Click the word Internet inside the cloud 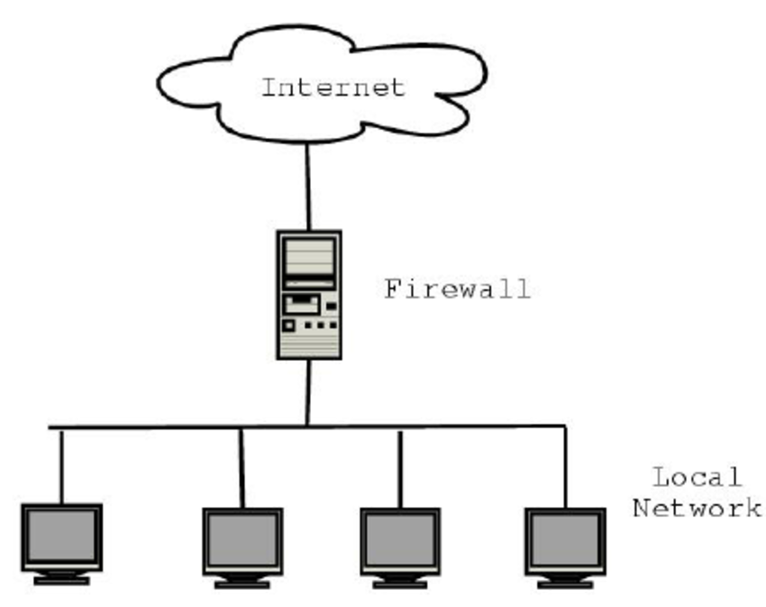pyautogui.click(x=333, y=88)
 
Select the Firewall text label pyautogui.click(x=457, y=290)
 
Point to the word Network pyautogui.click(x=697, y=508)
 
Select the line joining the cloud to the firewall pyautogui.click(x=308, y=186)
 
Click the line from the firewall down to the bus pyautogui.click(x=308, y=392)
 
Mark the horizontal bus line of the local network pyautogui.click(x=180, y=427)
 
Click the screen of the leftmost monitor pyautogui.click(x=61, y=536)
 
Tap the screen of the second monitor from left pyautogui.click(x=242, y=540)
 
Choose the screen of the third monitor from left pyautogui.click(x=400, y=540)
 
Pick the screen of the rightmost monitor pyautogui.click(x=565, y=540)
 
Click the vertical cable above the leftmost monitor pyautogui.click(x=61, y=464)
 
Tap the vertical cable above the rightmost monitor pyautogui.click(x=565, y=464)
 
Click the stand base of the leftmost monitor pyautogui.click(x=61, y=580)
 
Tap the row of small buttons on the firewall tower pyautogui.click(x=320, y=325)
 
